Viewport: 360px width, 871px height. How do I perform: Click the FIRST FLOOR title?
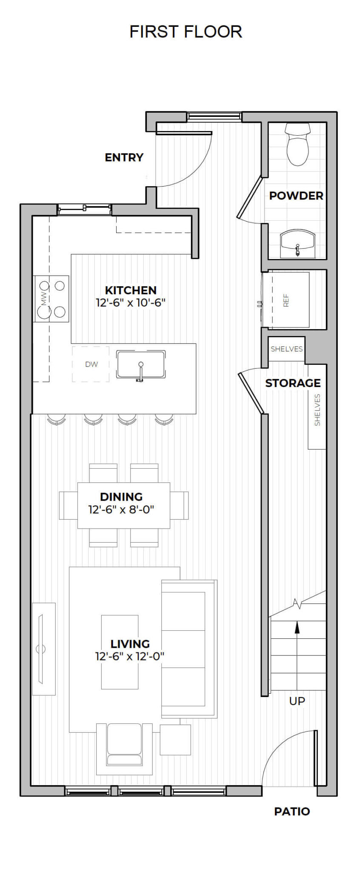186,32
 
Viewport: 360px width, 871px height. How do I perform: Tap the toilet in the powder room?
297,145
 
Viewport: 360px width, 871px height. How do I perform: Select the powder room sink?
297,245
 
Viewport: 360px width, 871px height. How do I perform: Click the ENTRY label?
124,157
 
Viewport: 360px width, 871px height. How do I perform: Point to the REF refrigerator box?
286,300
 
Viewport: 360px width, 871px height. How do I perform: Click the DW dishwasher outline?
91,364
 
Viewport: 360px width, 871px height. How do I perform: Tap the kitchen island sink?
141,365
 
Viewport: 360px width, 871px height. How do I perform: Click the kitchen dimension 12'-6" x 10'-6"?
131,303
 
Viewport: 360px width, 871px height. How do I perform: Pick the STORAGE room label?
293,383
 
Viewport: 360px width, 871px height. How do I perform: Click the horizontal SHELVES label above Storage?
286,349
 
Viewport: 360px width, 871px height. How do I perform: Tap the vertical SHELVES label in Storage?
317,410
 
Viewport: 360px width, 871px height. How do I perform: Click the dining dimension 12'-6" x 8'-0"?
121,510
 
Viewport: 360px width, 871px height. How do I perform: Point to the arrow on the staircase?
297,629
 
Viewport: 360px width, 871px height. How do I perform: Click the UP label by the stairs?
297,701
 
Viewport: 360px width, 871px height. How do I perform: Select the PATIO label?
292,811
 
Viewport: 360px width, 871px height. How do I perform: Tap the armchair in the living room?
124,749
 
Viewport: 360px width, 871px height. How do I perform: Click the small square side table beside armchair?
175,740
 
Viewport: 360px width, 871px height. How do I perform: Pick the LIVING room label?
130,644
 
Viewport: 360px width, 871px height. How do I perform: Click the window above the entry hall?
214,116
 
